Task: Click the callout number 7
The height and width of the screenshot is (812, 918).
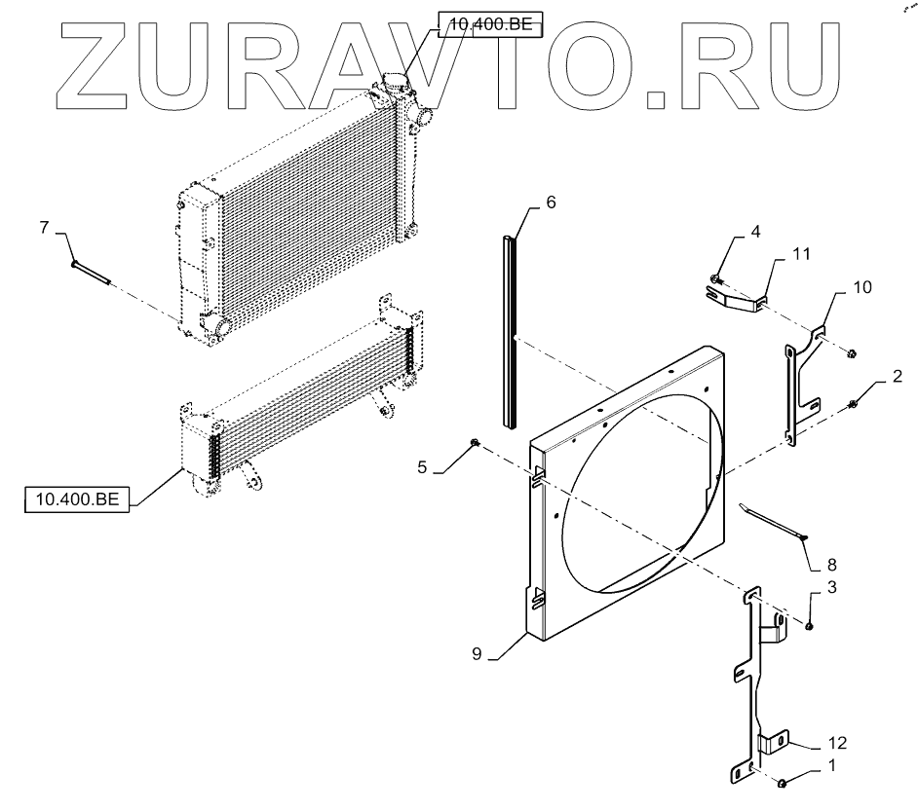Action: point(44,228)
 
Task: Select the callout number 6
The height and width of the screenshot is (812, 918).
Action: point(551,203)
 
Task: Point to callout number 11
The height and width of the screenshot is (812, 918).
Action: point(801,254)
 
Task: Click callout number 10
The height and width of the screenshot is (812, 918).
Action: point(862,288)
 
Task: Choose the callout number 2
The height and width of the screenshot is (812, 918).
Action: point(898,376)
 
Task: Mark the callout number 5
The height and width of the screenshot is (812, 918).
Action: point(422,467)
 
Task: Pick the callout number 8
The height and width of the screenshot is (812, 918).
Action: point(830,564)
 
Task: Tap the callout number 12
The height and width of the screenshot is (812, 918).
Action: point(836,743)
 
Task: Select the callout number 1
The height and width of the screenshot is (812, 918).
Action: point(830,765)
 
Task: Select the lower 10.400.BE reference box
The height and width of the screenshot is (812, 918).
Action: point(77,500)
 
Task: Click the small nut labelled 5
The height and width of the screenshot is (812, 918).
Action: point(474,445)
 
